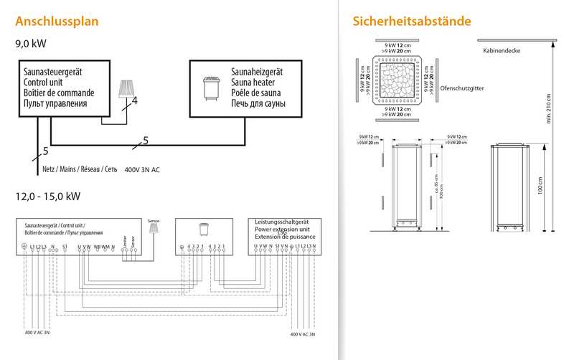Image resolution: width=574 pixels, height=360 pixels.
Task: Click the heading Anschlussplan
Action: tap(57, 21)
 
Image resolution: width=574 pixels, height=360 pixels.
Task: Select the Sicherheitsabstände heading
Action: tap(412, 21)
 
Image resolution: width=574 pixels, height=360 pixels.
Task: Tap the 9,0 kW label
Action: tap(31, 44)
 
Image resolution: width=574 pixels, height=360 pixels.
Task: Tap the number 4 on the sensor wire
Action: tap(134, 101)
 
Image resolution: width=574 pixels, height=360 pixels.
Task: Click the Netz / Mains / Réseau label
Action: tap(82, 170)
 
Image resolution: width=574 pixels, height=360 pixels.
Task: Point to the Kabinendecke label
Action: tap(502, 51)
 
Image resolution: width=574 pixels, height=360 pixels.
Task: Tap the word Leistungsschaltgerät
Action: tap(281, 223)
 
